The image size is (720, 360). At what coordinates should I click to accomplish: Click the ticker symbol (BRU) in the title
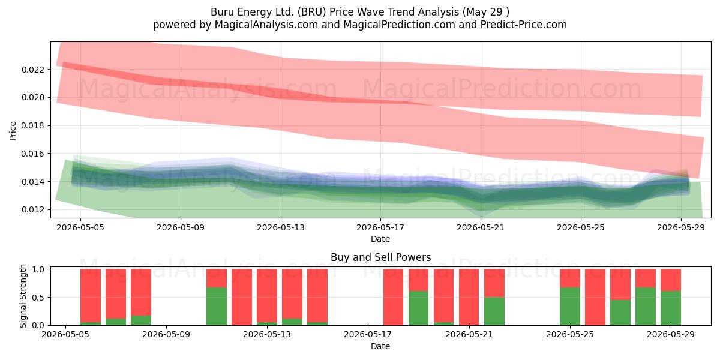[x=312, y=12]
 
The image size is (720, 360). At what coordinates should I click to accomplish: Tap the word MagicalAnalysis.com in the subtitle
[x=266, y=25]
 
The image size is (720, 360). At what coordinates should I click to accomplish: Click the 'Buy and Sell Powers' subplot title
[x=380, y=257]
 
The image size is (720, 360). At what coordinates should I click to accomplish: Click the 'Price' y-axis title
[x=13, y=131]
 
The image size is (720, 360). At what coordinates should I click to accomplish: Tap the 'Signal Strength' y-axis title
[x=23, y=296]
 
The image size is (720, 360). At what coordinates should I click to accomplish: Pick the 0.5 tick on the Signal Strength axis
[x=38, y=297]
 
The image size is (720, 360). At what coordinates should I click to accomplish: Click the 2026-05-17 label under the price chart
[x=380, y=228]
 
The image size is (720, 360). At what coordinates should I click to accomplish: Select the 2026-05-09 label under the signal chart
[x=166, y=335]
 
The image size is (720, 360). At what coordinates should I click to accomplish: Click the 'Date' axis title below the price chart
[x=380, y=239]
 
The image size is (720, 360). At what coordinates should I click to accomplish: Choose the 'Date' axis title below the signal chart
[x=380, y=347]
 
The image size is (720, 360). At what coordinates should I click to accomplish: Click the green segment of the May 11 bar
[x=217, y=306]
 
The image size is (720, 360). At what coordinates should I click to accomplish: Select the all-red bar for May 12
[x=242, y=297]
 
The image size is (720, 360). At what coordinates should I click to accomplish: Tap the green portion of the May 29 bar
[x=671, y=308]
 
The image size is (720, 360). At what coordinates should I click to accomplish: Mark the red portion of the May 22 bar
[x=494, y=283]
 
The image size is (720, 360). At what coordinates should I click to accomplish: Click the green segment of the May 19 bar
[x=419, y=308]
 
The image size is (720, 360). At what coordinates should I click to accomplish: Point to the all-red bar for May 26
[x=595, y=297]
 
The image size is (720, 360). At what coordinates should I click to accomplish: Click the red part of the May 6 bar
[x=91, y=295]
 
